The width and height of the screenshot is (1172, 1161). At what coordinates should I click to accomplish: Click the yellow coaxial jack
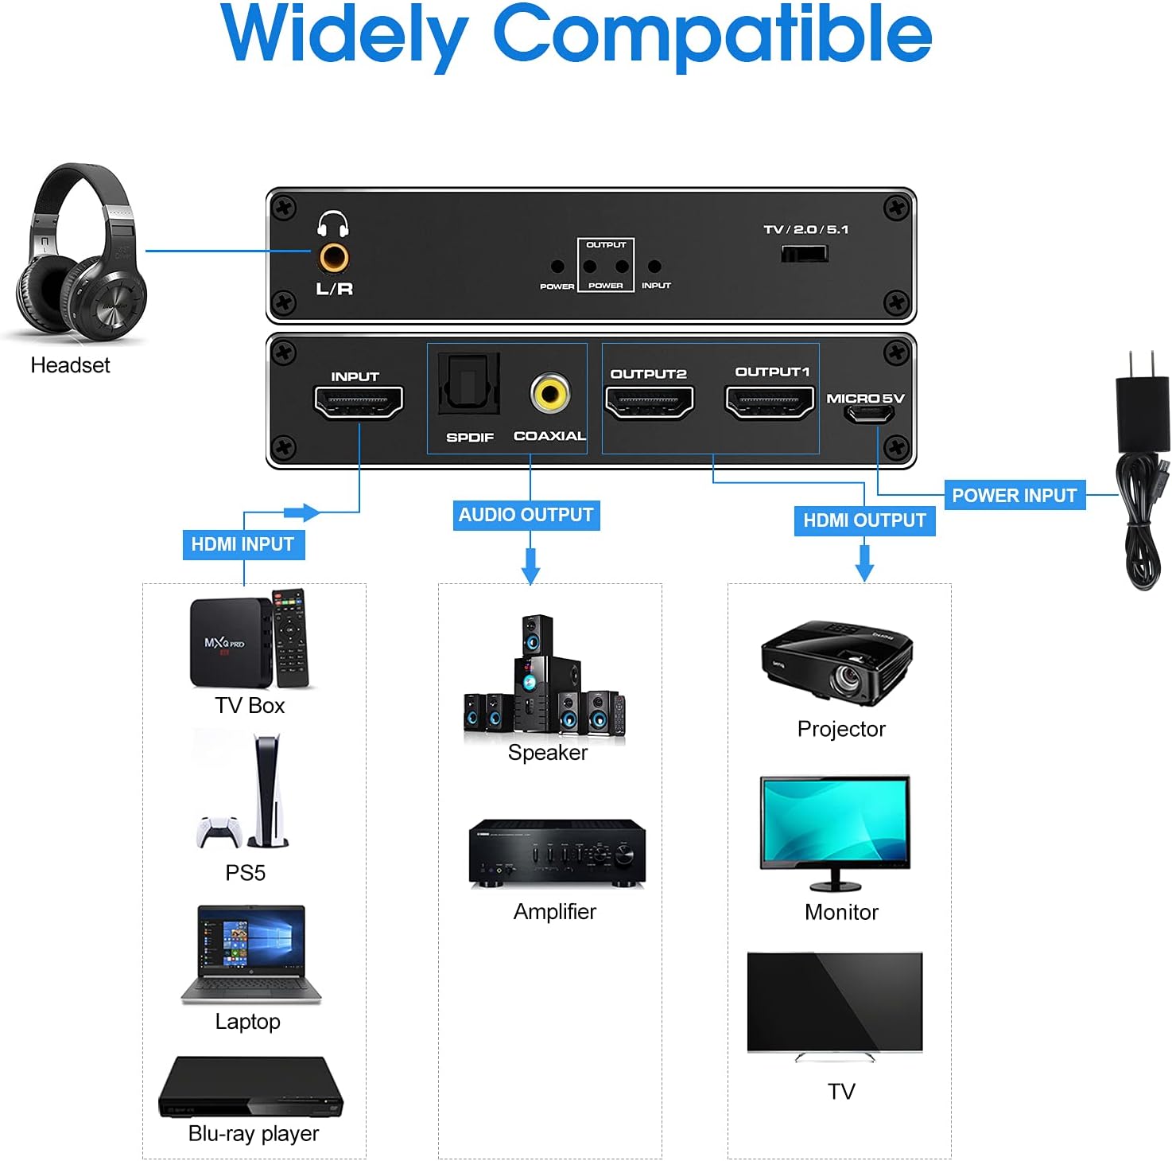click(550, 393)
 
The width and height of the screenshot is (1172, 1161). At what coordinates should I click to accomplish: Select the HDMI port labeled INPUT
click(359, 403)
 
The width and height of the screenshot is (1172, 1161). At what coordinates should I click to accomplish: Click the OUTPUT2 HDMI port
click(650, 402)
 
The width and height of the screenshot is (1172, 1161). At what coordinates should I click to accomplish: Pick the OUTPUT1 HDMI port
click(770, 401)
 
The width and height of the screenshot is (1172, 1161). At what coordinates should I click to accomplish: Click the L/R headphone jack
click(333, 258)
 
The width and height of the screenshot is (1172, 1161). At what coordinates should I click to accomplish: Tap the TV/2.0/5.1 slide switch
click(804, 254)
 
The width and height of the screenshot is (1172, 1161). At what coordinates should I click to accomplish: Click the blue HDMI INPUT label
click(243, 544)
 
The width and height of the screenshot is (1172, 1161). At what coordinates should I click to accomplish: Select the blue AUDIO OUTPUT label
click(526, 515)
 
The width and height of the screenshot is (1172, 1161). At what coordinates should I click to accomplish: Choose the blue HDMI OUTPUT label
click(864, 520)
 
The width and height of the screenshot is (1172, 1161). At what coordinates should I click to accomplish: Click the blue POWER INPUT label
click(1014, 496)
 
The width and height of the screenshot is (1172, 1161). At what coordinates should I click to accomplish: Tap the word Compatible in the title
click(712, 35)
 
